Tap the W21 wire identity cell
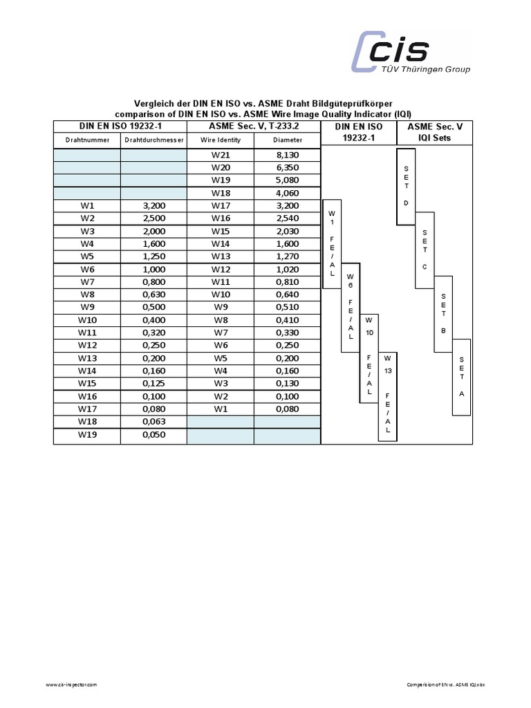coord(221,156)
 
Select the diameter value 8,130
coord(287,156)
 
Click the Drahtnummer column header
coord(87,140)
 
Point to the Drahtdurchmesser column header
coord(153,140)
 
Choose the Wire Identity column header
coord(221,140)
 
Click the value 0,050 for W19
coord(153,434)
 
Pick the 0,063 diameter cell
coord(153,421)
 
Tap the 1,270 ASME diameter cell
coord(287,257)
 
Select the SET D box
coord(406,186)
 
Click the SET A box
coord(461,377)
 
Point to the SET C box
coord(424,250)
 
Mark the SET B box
coord(443,313)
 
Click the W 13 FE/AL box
coord(387,395)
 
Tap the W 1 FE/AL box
coord(332,243)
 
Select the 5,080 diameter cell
coord(287,180)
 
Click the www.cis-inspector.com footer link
coord(71,684)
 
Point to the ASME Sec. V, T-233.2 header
coord(254,127)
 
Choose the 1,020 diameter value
coord(287,269)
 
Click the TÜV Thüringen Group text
coord(426,69)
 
